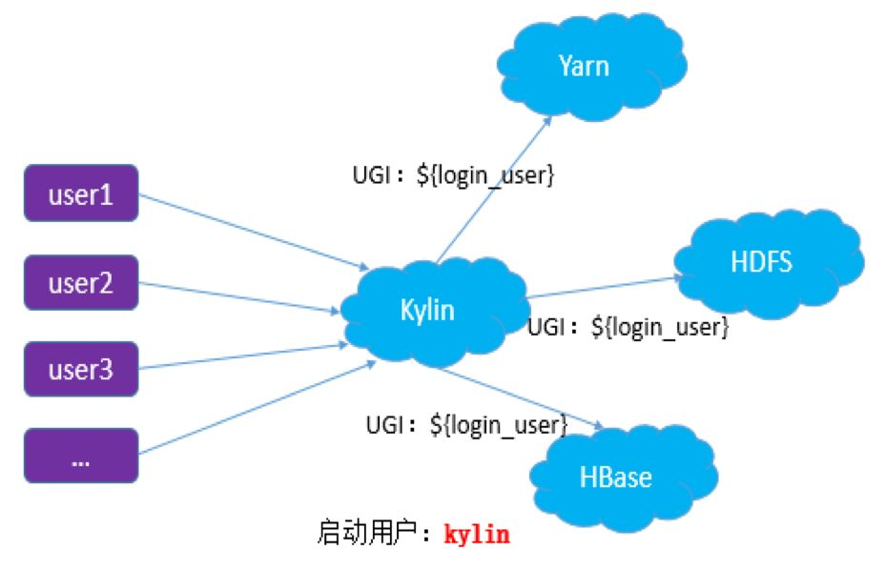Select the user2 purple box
[x=81, y=283]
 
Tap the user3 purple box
[x=81, y=368]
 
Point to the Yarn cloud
[x=583, y=67]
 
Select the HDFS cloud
[x=760, y=262]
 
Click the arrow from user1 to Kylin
[x=253, y=230]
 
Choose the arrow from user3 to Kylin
[x=238, y=357]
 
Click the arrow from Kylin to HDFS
[x=601, y=288]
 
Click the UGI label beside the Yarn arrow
[x=453, y=175]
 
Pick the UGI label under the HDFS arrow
[x=628, y=328]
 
